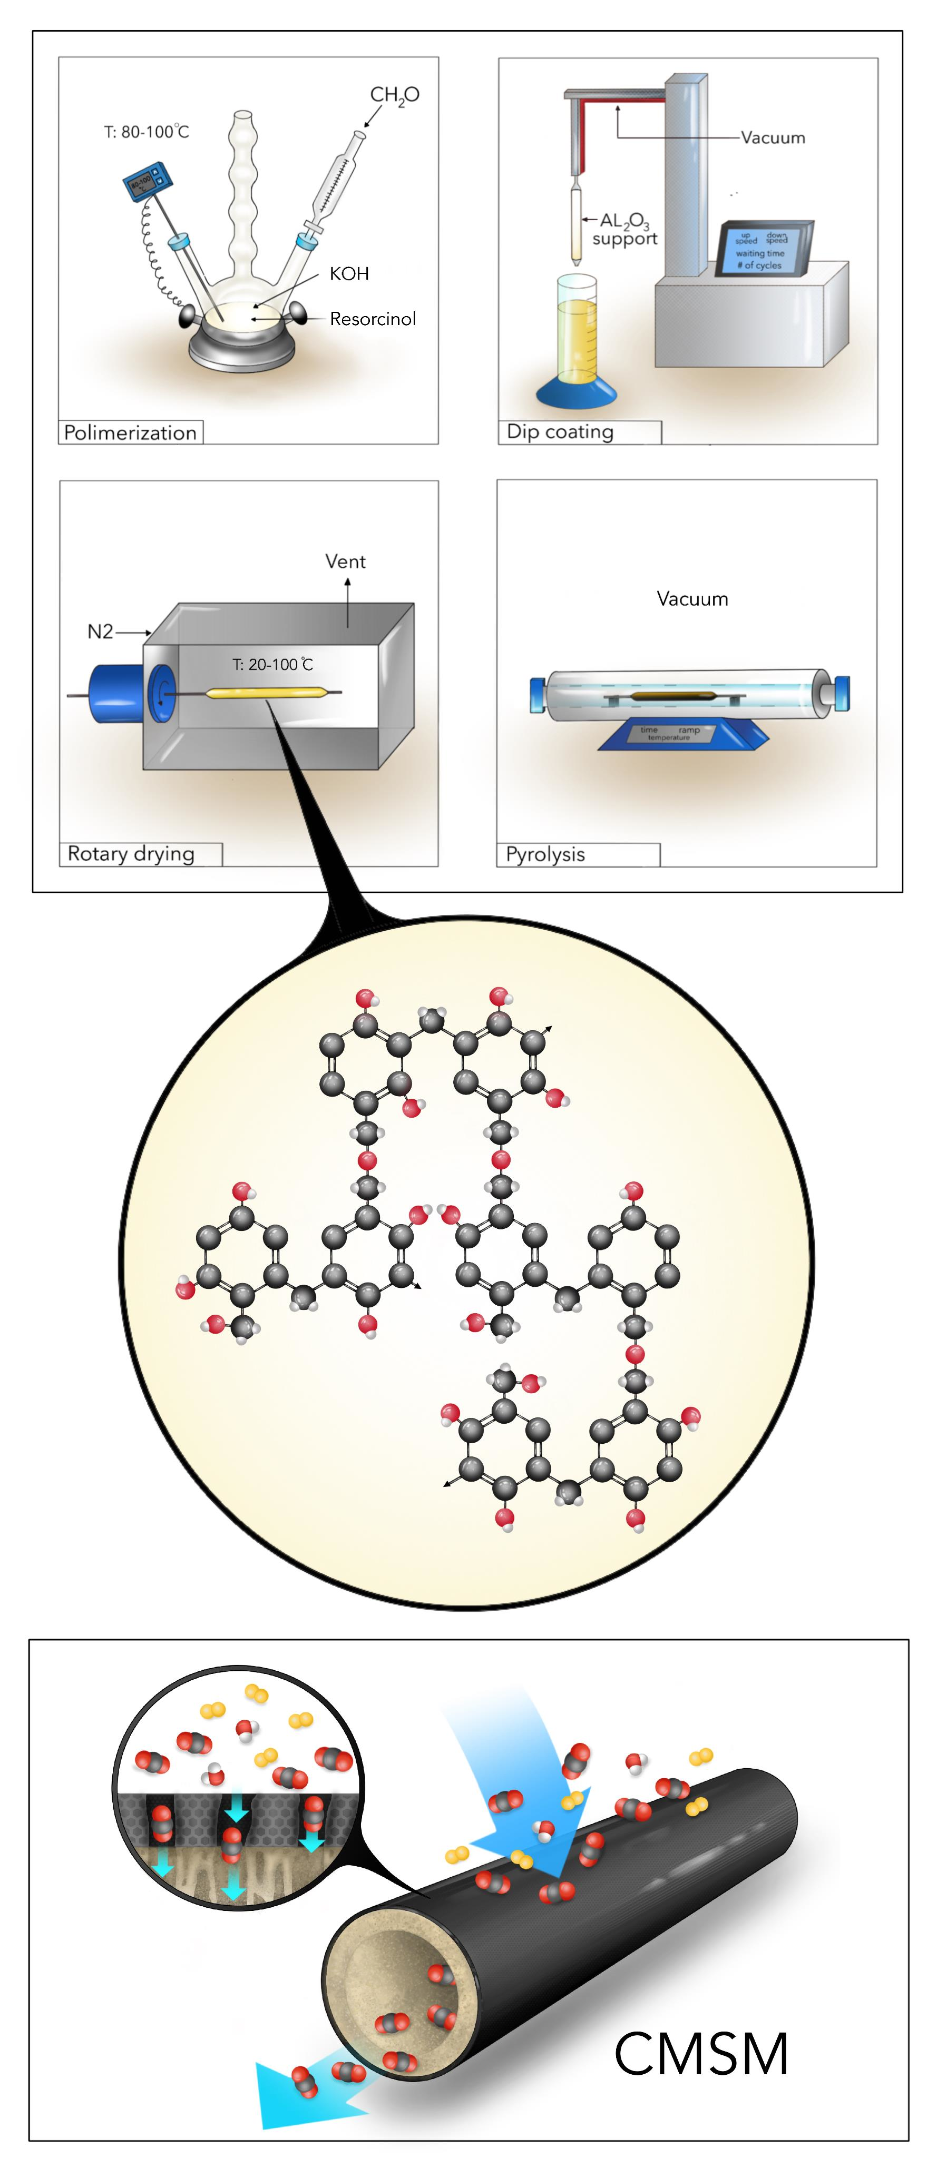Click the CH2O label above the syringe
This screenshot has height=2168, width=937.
coord(394,95)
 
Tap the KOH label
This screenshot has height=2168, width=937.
coord(349,273)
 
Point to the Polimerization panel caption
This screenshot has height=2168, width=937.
coord(131,432)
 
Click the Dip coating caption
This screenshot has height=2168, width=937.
coord(560,432)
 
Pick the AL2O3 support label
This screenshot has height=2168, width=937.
coord(624,230)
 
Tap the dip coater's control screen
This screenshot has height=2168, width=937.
coord(761,250)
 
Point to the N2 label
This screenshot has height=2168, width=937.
coord(100,631)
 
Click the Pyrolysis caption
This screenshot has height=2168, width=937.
coord(545,854)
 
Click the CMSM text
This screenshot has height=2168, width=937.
coord(701,2054)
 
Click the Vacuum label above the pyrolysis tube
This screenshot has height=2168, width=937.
coord(692,599)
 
